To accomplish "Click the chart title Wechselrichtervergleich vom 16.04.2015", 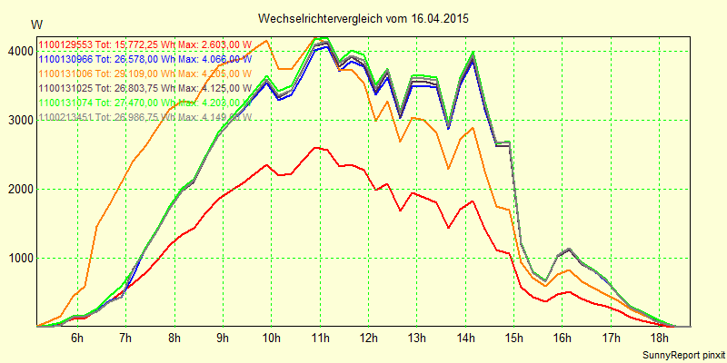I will pyautogui.click(x=363, y=18).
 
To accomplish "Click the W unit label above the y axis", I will pyautogui.click(x=35, y=24).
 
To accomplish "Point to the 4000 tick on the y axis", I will pyautogui.click(x=18, y=52).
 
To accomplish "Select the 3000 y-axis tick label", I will pyautogui.click(x=18, y=121).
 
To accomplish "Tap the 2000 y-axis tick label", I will pyautogui.click(x=18, y=190).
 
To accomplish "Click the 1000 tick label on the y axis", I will pyautogui.click(x=18, y=259).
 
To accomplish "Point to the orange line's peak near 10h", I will pyautogui.click(x=266, y=40).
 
